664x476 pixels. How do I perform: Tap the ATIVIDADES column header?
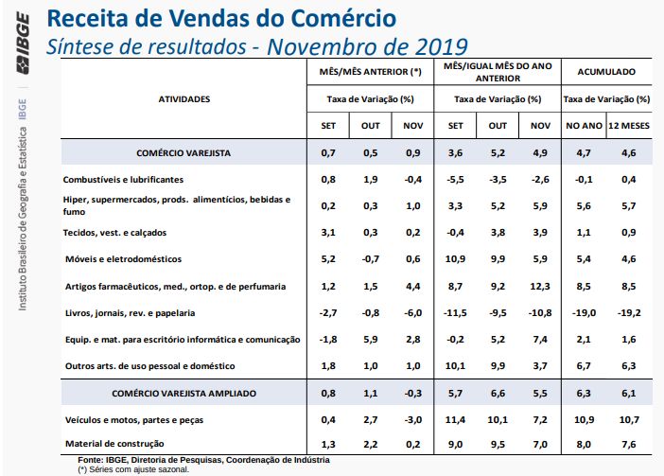[x=183, y=98]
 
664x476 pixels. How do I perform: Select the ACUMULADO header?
[x=605, y=72]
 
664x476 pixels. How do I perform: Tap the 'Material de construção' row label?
[x=114, y=443]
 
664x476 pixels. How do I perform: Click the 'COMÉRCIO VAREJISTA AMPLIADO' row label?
[x=183, y=391]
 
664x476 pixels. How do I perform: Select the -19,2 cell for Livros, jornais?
[x=629, y=311]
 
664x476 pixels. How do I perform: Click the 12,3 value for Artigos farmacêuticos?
[x=540, y=285]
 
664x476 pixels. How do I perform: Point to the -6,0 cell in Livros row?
[x=412, y=311]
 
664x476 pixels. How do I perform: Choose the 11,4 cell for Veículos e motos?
[x=455, y=417]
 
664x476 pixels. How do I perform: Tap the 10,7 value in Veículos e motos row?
[x=629, y=417]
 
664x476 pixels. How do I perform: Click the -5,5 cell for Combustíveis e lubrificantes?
[x=455, y=179]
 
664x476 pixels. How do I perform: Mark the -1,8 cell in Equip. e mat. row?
[x=327, y=338]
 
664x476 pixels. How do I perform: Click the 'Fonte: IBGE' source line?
[x=203, y=459]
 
